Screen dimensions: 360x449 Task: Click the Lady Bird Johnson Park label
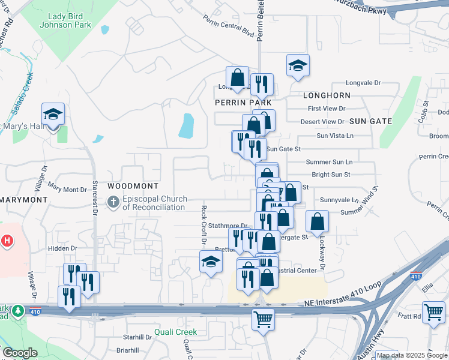pyautogui.click(x=65, y=21)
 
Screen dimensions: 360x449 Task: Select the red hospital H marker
pyautogui.click(x=7, y=241)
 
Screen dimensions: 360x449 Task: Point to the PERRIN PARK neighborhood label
pyautogui.click(x=240, y=103)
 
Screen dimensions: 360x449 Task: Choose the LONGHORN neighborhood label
pyautogui.click(x=327, y=95)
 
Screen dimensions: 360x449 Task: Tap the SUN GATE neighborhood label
pyautogui.click(x=370, y=121)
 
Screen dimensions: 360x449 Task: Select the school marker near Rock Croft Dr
pyautogui.click(x=210, y=262)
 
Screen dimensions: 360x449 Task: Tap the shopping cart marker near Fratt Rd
pyautogui.click(x=433, y=312)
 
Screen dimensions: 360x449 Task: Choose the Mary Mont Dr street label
pyautogui.click(x=67, y=189)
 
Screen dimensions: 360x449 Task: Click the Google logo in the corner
pyautogui.click(x=20, y=353)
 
